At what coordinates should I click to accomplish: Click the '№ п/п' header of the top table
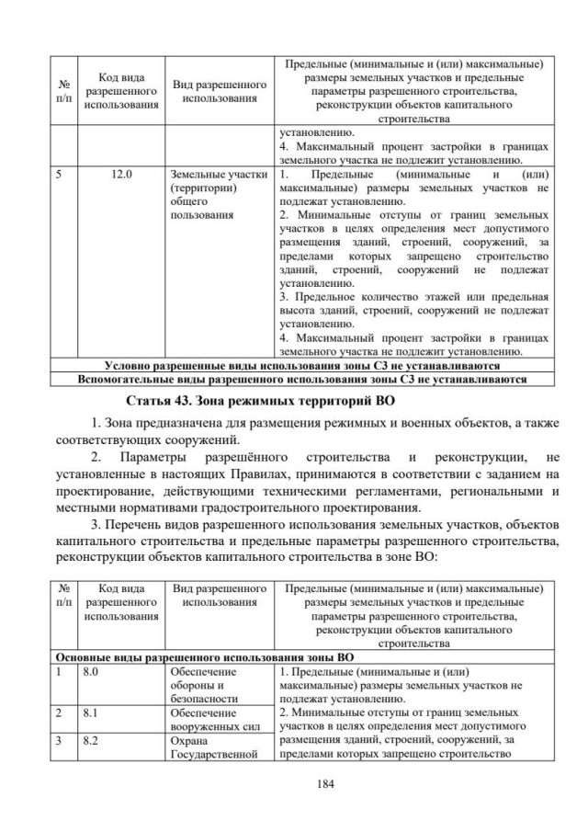pyautogui.click(x=62, y=90)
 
